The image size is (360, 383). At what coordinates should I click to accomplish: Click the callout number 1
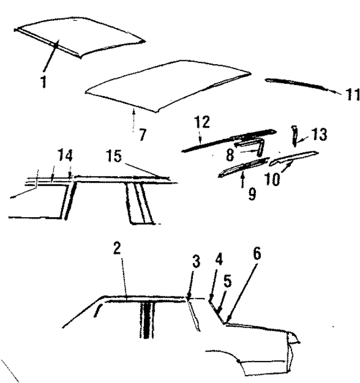point(44,82)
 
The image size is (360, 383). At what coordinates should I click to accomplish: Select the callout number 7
point(142,134)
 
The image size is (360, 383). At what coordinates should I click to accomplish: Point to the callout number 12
point(202,122)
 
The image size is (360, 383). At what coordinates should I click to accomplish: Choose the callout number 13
point(319,134)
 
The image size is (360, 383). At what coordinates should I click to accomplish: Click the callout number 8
point(230,155)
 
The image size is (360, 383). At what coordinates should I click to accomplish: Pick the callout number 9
point(252,194)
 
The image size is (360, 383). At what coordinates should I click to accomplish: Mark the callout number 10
point(272,179)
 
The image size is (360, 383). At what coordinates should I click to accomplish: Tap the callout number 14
point(65,155)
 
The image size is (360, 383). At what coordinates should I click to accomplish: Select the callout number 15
point(114,156)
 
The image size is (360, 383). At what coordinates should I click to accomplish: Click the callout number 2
point(117,249)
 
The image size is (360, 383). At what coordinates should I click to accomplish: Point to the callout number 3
point(196,262)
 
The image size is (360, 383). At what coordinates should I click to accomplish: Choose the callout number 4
point(219,259)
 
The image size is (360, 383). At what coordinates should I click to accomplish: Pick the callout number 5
point(227,281)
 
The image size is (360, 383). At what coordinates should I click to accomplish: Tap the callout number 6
point(257,254)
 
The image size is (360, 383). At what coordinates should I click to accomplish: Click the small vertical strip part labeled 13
point(295,136)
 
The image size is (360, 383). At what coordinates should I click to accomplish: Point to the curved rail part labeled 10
point(293,158)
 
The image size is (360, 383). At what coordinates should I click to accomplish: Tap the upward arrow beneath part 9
point(242,179)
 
